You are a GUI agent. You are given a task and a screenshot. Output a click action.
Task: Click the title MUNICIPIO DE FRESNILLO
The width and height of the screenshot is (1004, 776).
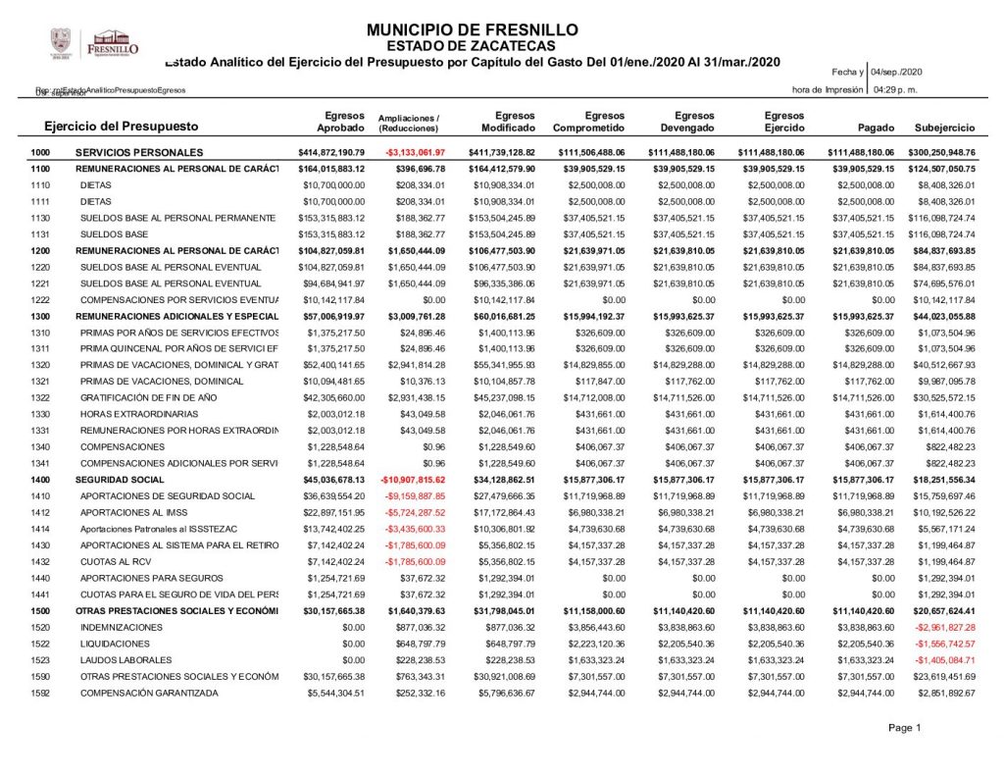[472, 29]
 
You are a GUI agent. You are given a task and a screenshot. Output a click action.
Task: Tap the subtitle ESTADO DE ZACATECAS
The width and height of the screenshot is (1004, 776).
[472, 45]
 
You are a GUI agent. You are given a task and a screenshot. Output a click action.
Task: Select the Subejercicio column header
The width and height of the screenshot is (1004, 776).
[944, 129]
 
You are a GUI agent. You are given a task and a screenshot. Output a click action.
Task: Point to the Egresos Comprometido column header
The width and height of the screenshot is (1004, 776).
[589, 122]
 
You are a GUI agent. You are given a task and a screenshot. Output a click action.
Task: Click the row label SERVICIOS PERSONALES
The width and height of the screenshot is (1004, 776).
[139, 153]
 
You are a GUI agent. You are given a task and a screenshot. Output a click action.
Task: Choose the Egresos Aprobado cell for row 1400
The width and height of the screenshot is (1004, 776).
[331, 480]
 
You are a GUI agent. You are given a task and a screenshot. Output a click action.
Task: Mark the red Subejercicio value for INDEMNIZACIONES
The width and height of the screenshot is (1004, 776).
[944, 627]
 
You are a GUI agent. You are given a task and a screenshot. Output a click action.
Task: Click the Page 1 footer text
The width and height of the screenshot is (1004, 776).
[905, 728]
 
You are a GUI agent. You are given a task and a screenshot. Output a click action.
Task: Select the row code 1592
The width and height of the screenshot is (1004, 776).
[40, 693]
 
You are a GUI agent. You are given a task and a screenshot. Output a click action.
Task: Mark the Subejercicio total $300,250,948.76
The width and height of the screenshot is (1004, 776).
[943, 153]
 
